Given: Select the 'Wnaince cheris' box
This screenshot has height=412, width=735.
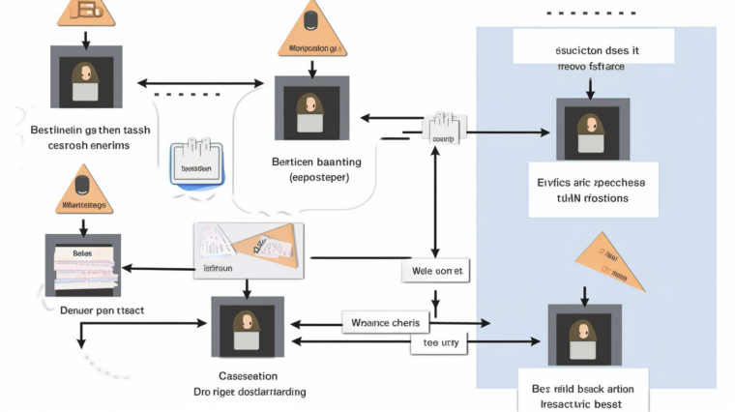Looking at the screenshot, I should pos(385,322).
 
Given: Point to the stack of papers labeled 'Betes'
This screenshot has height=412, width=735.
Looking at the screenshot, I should pos(82,265).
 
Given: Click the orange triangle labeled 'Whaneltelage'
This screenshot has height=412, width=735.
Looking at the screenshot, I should pos(82,191).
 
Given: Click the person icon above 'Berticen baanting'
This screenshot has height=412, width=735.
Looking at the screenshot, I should pos(309,108).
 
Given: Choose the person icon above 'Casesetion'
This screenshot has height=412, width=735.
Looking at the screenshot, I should pos(248,328).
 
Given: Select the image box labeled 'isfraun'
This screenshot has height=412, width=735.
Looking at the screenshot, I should pos(249,250).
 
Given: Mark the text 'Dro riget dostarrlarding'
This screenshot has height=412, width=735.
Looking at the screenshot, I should pos(248,392).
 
